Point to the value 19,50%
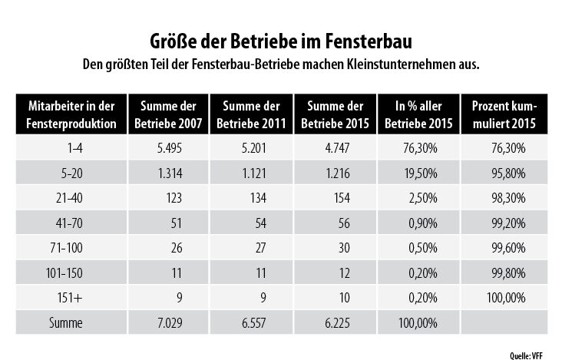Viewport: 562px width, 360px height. (x=412, y=174)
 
